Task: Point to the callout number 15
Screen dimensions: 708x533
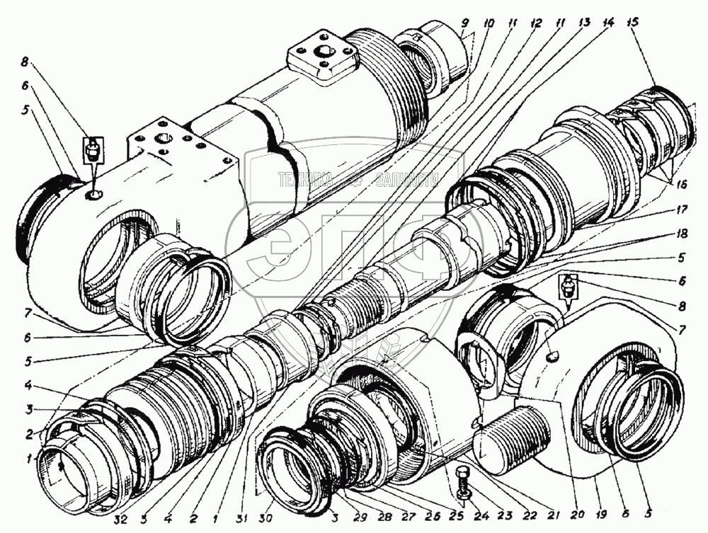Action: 632,23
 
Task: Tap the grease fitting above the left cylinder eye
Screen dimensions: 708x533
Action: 93,150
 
